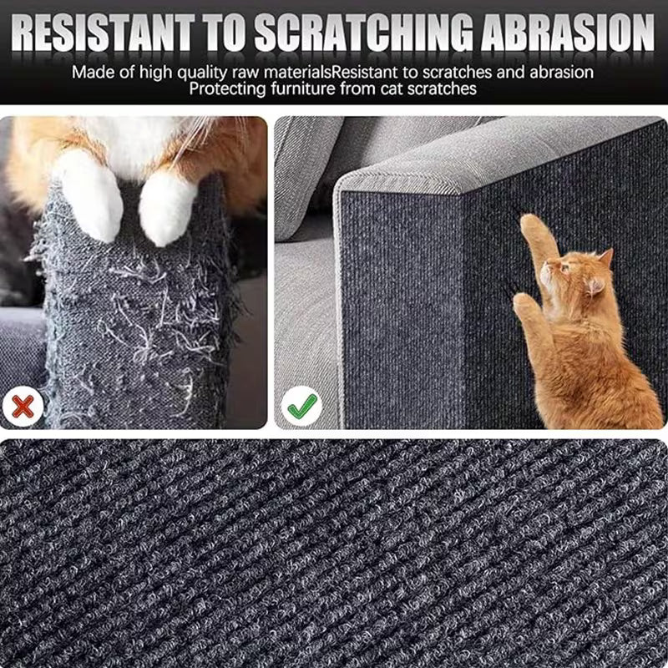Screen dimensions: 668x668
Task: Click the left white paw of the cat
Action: tap(90, 196)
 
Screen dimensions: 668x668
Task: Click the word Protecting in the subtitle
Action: tap(227, 89)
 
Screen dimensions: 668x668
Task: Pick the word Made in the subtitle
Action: tap(91, 71)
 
